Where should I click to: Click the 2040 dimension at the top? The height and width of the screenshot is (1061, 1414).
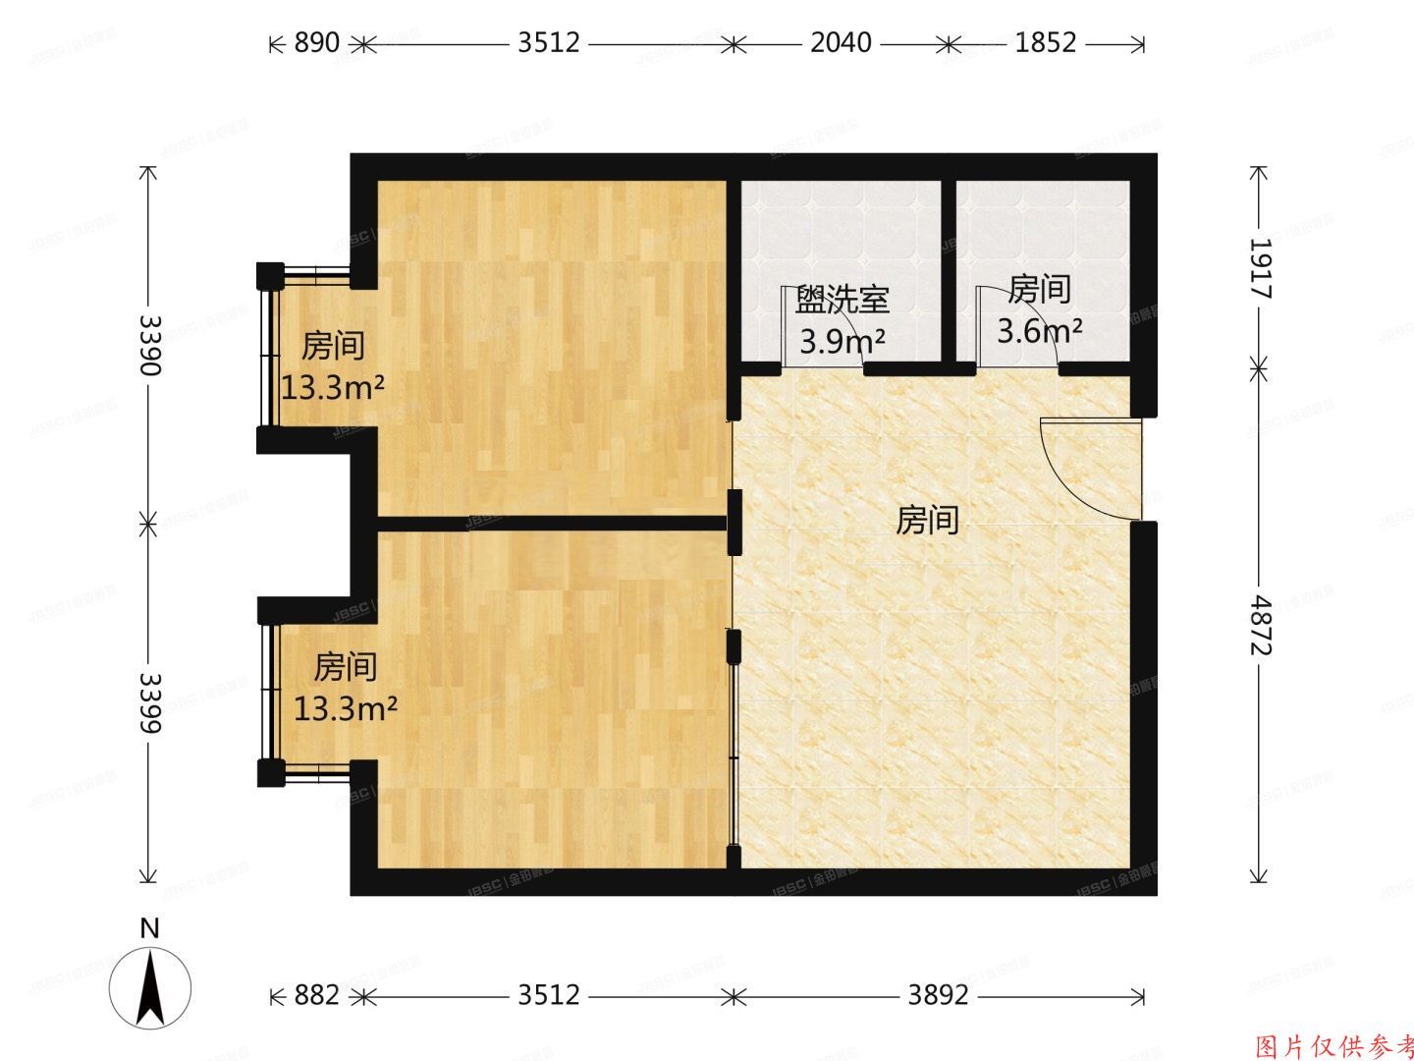(x=841, y=43)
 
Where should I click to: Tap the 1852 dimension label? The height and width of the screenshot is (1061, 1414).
(x=1046, y=43)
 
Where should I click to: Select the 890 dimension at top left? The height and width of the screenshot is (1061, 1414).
(x=317, y=43)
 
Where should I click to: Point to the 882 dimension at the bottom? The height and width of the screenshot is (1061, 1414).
(x=316, y=995)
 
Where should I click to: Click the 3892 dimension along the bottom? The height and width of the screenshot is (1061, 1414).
(x=938, y=995)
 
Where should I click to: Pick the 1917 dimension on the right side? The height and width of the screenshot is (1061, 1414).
(x=1260, y=268)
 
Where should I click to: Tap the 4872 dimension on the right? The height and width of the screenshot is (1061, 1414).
(x=1260, y=627)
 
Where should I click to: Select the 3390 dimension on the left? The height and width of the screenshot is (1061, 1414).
(x=149, y=345)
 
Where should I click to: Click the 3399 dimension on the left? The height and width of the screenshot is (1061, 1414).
(x=149, y=701)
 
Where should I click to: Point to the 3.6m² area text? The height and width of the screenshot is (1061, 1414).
(x=1040, y=330)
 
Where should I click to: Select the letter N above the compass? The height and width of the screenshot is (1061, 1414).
(x=149, y=928)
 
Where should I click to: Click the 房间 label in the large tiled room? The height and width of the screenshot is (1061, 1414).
(x=927, y=521)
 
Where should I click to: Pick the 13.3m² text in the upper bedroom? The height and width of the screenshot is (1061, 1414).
(x=333, y=388)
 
